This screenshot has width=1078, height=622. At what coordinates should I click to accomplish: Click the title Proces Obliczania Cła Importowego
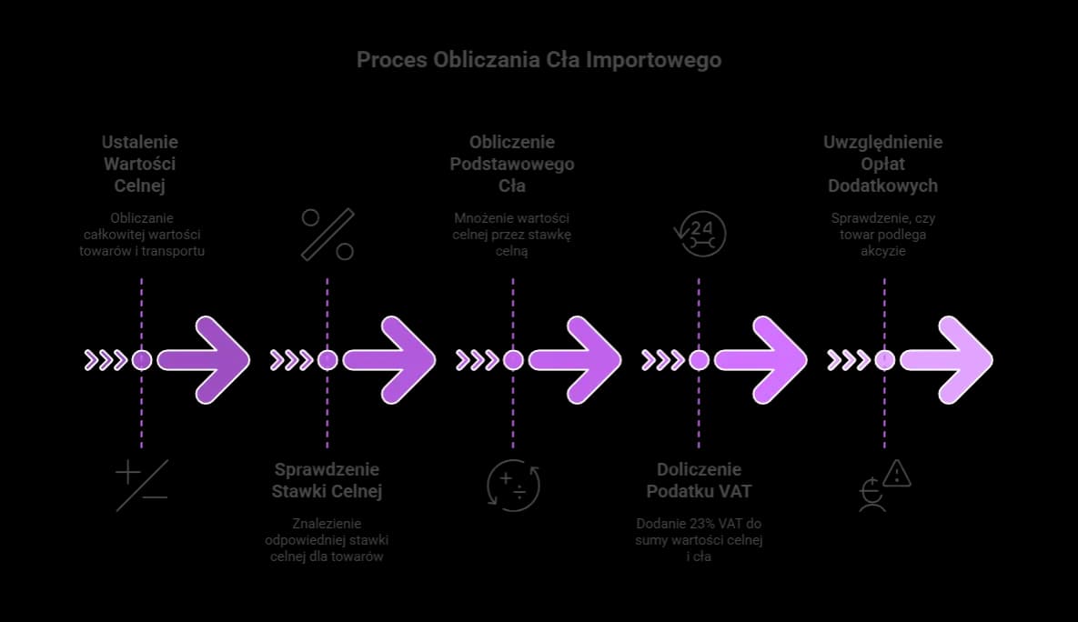[539, 60]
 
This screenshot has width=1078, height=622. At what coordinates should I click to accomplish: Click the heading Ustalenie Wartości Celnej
[140, 164]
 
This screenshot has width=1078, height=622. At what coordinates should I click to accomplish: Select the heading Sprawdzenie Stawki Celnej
[327, 480]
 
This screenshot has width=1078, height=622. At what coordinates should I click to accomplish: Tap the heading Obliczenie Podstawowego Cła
[512, 164]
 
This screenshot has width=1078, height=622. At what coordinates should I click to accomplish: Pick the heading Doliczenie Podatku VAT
[699, 480]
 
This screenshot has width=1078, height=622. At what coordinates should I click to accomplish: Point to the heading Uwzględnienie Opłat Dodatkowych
[882, 164]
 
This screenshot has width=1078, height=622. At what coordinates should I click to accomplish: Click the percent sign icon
[327, 235]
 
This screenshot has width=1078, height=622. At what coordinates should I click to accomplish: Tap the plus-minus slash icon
[142, 485]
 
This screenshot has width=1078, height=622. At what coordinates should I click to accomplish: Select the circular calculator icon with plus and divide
[514, 485]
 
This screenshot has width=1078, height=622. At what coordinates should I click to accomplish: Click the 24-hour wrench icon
[699, 235]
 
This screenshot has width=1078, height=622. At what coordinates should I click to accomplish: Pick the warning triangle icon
[896, 474]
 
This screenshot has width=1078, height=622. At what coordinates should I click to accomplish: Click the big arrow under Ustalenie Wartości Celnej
[205, 360]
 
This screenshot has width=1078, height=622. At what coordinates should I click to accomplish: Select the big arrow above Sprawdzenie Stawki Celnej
[390, 360]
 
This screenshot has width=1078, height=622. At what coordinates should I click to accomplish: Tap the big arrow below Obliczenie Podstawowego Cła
[576, 360]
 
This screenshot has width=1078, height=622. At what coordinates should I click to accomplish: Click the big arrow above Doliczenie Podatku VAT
[761, 360]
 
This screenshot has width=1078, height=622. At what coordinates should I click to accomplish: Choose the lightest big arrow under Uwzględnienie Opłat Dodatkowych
[947, 360]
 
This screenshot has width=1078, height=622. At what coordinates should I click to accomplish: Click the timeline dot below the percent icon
[327, 360]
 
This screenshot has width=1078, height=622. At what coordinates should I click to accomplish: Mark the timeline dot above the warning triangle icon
[884, 360]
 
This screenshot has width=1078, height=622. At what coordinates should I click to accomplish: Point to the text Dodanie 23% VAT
[699, 524]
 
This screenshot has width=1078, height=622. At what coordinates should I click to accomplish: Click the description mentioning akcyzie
[884, 235]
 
